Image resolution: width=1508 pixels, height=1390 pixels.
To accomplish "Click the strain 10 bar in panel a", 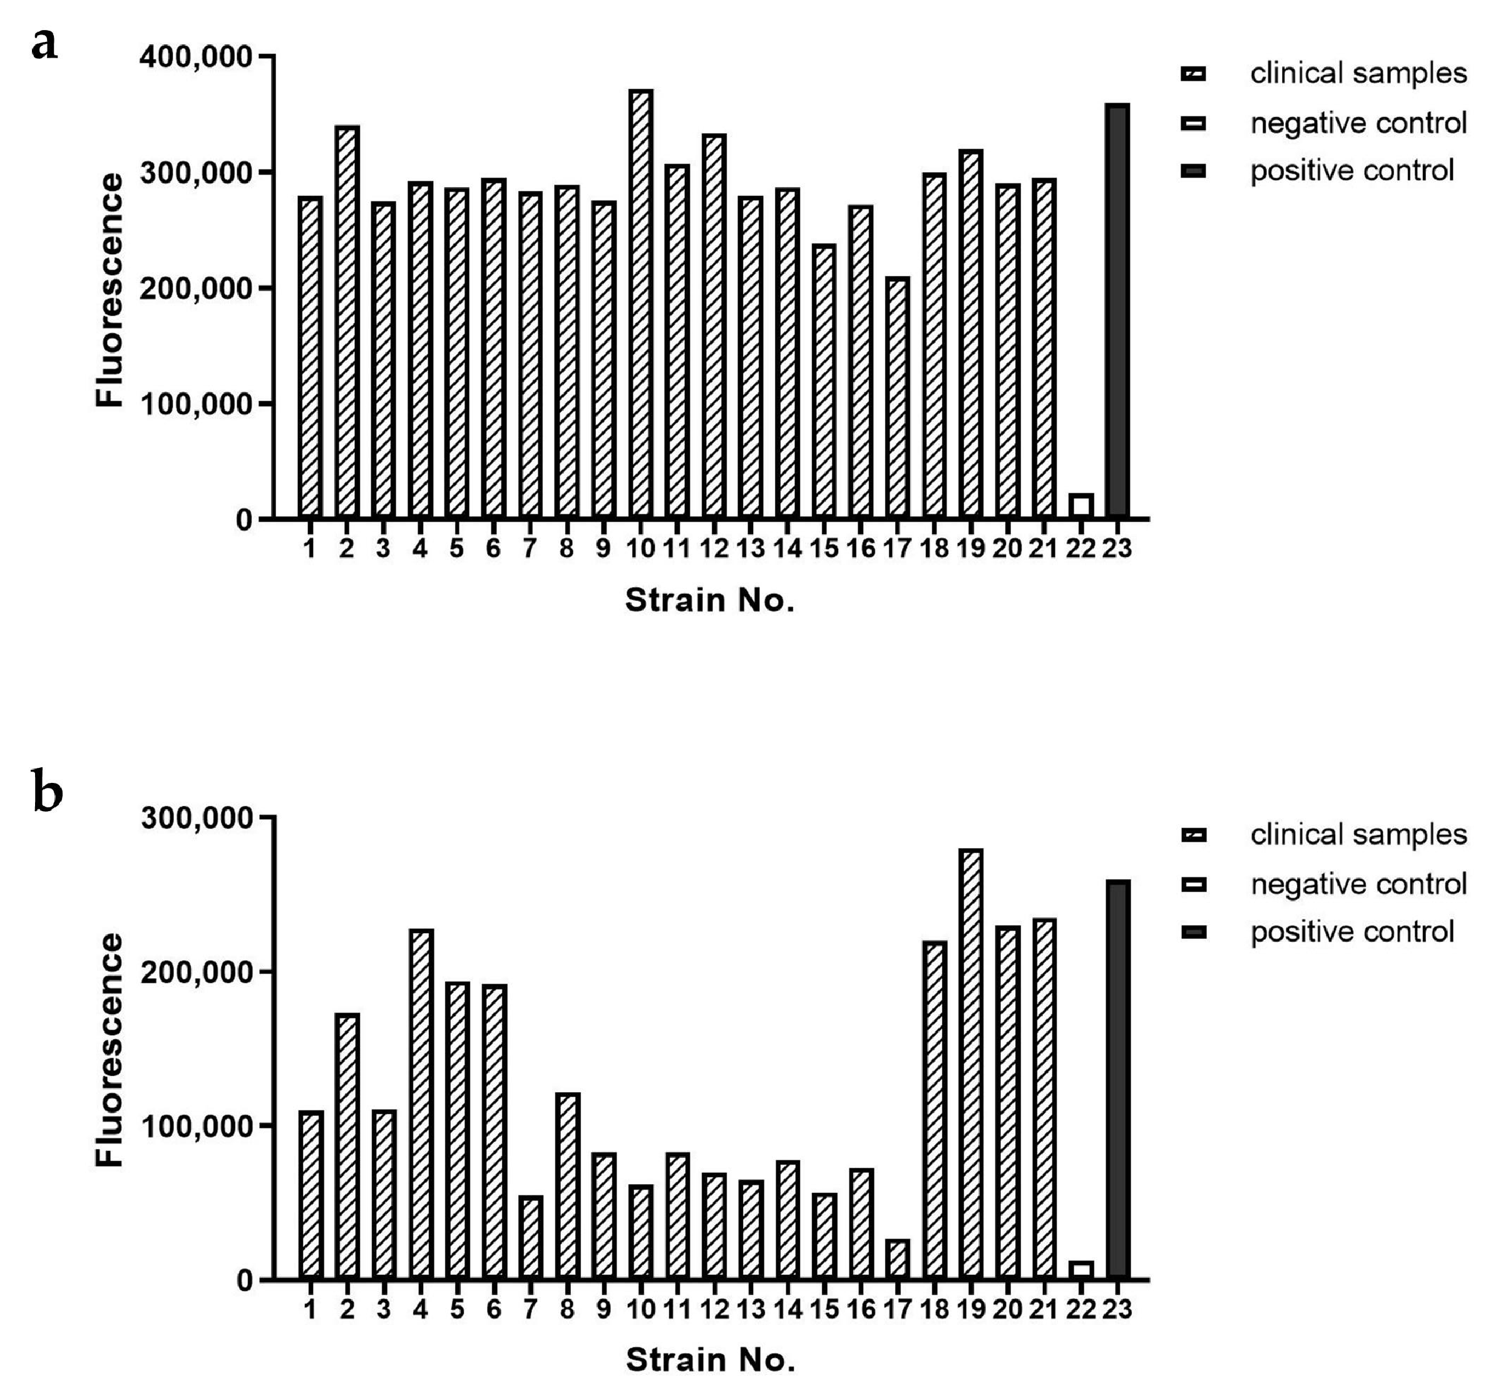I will [640, 305].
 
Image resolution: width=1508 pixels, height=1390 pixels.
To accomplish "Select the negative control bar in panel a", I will [1080, 506].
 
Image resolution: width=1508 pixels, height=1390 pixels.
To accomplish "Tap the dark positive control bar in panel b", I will [1118, 1080].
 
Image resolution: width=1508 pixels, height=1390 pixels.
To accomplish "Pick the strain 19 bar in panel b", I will [971, 1065].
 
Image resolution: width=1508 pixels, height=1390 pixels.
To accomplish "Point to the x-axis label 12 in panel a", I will [714, 549].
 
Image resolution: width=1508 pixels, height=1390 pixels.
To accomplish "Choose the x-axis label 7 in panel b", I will [530, 1309].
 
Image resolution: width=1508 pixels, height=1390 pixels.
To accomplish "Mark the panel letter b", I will [47, 794].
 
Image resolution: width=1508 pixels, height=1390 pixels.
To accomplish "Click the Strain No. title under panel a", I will [710, 600].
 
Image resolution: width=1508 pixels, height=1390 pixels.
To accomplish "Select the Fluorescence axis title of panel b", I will [110, 1050].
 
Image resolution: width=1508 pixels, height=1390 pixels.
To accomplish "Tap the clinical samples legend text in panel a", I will [1358, 74].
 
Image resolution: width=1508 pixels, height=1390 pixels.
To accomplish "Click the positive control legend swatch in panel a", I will [1194, 171].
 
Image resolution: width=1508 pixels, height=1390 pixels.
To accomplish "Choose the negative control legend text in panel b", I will [1358, 884].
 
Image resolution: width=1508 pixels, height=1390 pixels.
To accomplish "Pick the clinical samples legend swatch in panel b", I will [1194, 835].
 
